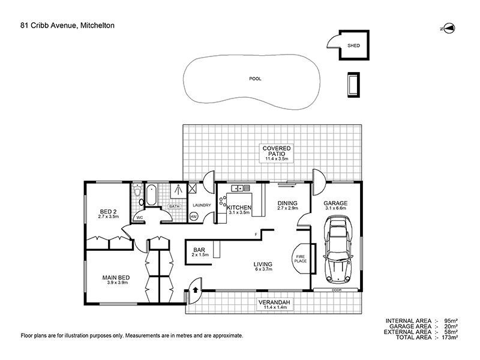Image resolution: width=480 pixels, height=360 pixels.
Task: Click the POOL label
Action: coord(255,79)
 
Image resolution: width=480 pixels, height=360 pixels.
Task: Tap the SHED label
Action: coord(353,46)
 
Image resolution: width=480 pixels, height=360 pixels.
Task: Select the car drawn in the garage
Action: coord(338,248)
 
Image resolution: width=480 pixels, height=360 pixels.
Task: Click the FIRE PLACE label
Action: coord(301,259)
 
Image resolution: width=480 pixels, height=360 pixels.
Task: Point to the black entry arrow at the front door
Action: coord(196,290)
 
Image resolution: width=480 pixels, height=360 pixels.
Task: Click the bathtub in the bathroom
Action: coord(151,196)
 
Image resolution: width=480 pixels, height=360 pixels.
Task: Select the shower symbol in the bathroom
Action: coord(178,190)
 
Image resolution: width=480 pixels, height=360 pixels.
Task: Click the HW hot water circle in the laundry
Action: coord(193,217)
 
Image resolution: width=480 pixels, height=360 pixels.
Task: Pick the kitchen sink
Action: coord(241,188)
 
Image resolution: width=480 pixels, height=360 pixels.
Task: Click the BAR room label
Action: coord(199,250)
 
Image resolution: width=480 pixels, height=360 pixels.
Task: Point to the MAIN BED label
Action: coord(116,278)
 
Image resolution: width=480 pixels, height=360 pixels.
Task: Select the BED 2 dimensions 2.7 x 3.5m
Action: coord(109,217)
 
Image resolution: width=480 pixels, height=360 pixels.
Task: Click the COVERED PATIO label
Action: coord(277,151)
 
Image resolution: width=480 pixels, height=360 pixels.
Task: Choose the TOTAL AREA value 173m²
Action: coord(450,337)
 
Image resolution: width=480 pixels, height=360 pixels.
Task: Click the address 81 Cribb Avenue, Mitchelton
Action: coord(67,25)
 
